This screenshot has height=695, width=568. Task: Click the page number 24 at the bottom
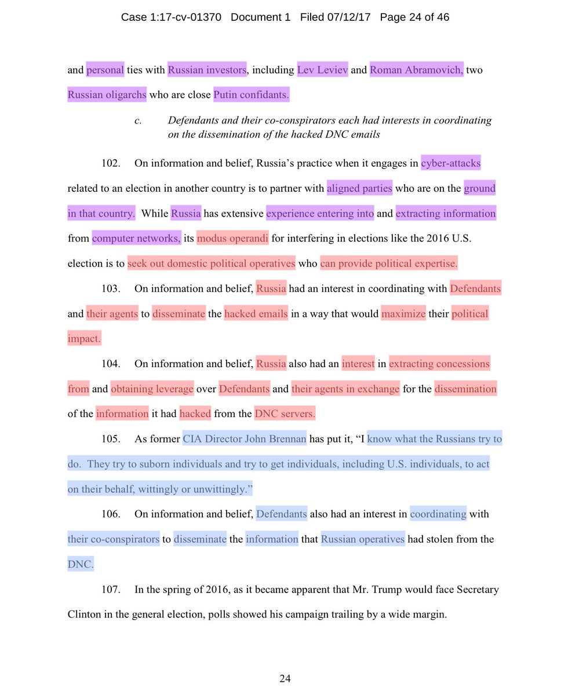coord(285,679)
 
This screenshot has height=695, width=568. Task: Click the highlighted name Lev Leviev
coord(323,70)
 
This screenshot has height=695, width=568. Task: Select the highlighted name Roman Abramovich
coord(416,70)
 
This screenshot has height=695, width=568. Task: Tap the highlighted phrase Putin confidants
coord(251,94)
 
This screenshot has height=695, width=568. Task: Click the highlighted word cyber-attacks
coord(450,163)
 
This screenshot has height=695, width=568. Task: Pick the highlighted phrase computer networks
coord(136,238)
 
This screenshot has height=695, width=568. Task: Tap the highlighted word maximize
coord(403,314)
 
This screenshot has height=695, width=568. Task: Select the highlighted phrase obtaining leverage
coord(151,389)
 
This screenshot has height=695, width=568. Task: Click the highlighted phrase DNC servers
coord(285,414)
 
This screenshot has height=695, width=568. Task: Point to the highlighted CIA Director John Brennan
coord(244,439)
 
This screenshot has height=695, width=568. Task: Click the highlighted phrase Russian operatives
coord(363,539)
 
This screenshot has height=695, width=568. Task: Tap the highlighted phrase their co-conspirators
coord(114,539)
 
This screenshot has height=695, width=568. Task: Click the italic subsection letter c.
coord(137,120)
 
